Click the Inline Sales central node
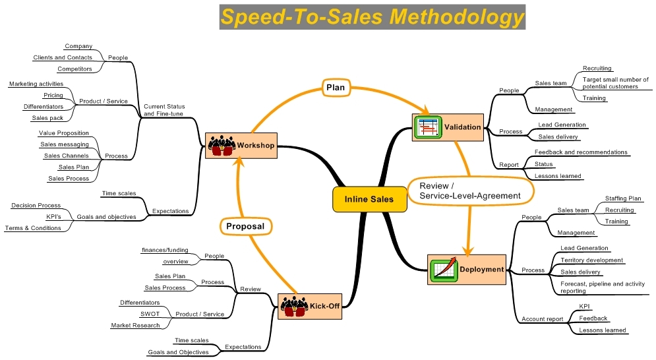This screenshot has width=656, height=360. click(x=369, y=199)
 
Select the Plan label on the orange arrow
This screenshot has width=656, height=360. click(x=335, y=88)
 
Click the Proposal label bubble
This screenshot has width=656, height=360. click(x=245, y=226)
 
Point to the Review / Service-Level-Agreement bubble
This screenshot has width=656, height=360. click(x=469, y=191)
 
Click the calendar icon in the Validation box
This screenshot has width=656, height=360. click(x=427, y=127)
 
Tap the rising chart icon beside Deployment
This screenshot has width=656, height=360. click(x=444, y=269)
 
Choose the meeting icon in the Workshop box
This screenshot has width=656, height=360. click(x=222, y=145)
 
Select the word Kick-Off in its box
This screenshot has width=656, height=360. click(x=324, y=307)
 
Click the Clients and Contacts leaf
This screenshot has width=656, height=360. click(x=63, y=57)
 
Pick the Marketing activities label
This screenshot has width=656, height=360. click(x=36, y=84)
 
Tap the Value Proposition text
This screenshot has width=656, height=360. click(x=63, y=133)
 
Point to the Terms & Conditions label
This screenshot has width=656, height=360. click(x=33, y=227)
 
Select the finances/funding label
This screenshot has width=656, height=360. click(x=165, y=250)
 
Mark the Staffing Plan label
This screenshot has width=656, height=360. click(x=623, y=198)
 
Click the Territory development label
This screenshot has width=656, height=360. click(x=591, y=260)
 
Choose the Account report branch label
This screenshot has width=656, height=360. click(x=542, y=318)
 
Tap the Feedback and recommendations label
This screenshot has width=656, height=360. click(x=581, y=152)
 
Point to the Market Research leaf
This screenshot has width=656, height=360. click(x=135, y=325)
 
